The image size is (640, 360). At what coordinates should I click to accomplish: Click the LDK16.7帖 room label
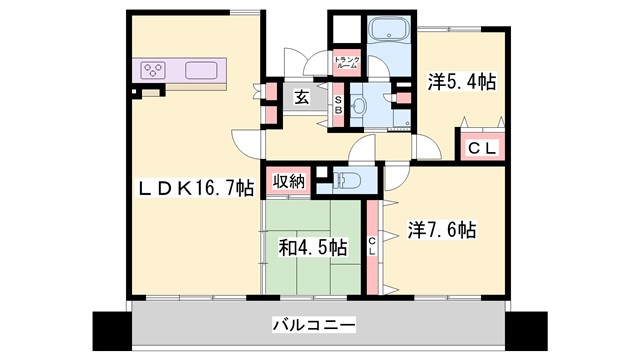point(195,187)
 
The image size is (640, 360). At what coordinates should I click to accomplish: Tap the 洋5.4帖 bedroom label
point(461,83)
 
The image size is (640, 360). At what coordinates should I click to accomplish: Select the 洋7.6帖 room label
point(442,229)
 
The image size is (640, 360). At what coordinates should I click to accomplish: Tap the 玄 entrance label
point(300,97)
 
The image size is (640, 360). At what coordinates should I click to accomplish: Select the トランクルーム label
point(346,61)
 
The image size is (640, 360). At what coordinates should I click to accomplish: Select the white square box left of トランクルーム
point(342,28)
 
